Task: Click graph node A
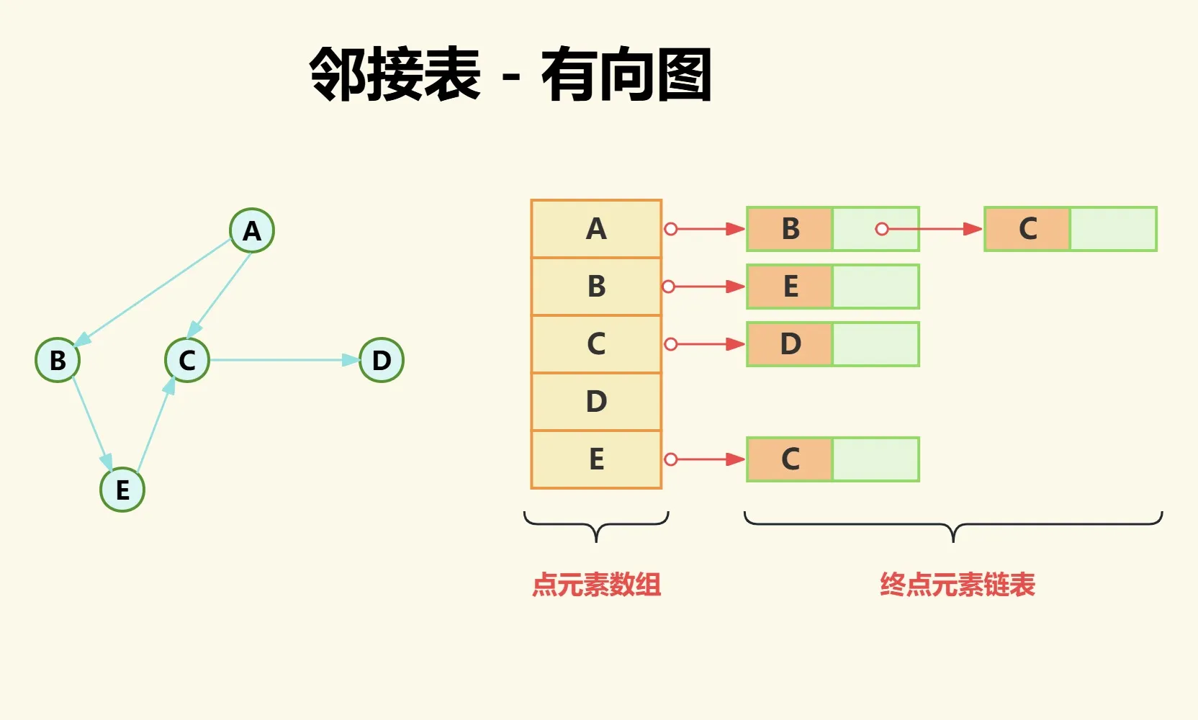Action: pyautogui.click(x=252, y=230)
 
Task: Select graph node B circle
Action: pyautogui.click(x=58, y=360)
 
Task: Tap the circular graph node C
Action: pyautogui.click(x=187, y=360)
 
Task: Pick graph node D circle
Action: pyautogui.click(x=382, y=360)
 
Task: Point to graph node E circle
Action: pyautogui.click(x=122, y=490)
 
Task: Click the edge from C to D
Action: pyautogui.click(x=284, y=360)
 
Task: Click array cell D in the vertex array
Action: pyautogui.click(x=596, y=402)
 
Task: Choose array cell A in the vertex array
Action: pyautogui.click(x=596, y=229)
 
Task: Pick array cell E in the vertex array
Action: pyautogui.click(x=596, y=459)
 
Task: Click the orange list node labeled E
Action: pyautogui.click(x=790, y=287)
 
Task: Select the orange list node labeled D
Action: pyautogui.click(x=790, y=344)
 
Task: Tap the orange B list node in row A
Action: pyautogui.click(x=790, y=229)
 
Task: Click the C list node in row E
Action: pyautogui.click(x=790, y=459)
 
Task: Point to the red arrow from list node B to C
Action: pyautogui.click(x=932, y=229)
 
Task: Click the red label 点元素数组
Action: pyautogui.click(x=596, y=585)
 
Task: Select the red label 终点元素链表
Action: pyautogui.click(x=957, y=585)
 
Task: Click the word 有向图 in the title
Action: pyautogui.click(x=626, y=74)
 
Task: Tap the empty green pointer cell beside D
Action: pyautogui.click(x=875, y=344)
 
